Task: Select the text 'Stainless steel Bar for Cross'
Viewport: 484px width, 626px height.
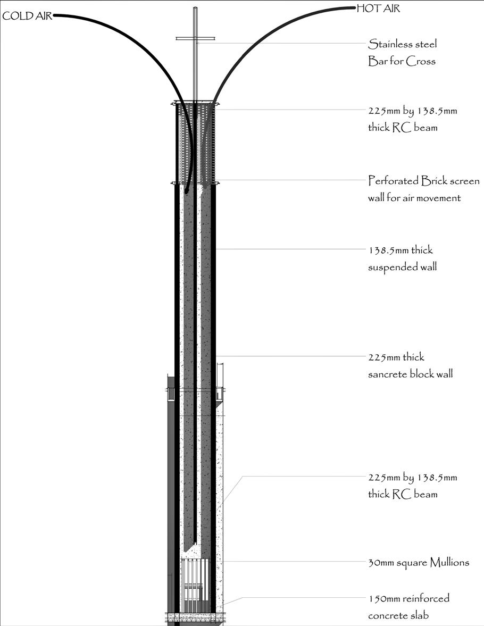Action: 402,53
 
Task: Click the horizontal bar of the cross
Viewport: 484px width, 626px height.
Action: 195,38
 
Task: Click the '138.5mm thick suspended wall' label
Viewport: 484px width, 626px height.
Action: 403,258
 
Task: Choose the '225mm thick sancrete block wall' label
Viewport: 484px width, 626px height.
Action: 410,365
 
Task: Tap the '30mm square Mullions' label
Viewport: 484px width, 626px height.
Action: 419,562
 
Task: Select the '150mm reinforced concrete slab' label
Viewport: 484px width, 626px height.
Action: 408,607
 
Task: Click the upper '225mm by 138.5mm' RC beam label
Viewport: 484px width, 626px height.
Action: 412,119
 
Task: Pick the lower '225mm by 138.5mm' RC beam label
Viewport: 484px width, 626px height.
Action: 412,486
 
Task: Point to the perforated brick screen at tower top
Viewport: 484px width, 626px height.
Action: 195,144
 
